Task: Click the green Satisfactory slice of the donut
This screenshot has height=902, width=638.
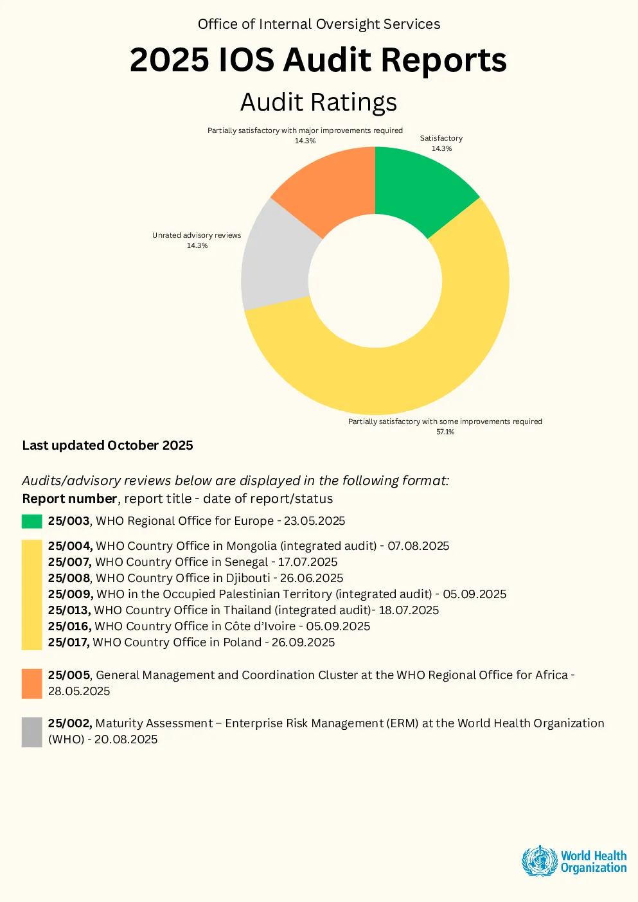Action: click(419, 190)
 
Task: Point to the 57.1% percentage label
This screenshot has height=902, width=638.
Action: click(445, 432)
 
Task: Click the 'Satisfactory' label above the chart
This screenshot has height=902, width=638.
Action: click(441, 138)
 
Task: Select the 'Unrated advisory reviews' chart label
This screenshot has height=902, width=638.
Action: click(197, 235)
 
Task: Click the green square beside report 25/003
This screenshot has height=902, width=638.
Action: click(32, 521)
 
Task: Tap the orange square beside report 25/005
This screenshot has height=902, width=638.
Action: click(32, 684)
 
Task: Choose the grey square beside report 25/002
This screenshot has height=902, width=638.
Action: click(32, 732)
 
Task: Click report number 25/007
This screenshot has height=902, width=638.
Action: click(69, 562)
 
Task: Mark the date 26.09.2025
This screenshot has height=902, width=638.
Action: click(303, 642)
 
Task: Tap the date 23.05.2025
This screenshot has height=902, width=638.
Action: click(314, 520)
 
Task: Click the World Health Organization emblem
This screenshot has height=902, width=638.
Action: click(539, 860)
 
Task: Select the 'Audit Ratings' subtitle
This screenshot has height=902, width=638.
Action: click(319, 102)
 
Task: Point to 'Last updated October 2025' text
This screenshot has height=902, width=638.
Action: click(107, 445)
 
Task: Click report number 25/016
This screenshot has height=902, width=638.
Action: click(69, 626)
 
